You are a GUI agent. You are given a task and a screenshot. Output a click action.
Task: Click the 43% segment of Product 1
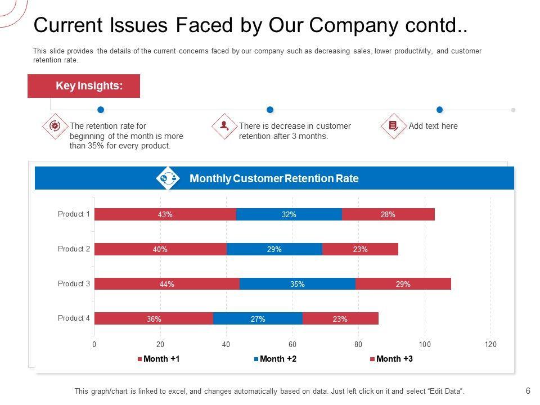point(165,214)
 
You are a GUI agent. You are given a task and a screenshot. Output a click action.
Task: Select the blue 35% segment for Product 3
point(298,284)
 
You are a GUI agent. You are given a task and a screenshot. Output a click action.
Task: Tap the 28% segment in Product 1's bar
point(388,214)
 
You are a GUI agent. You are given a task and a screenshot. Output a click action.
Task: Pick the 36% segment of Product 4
point(154,319)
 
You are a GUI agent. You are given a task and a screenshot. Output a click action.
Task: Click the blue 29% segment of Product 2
point(274,249)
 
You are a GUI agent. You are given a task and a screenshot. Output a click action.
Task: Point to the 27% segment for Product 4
point(258,319)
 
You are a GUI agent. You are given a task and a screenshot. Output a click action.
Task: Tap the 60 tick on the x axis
point(292,344)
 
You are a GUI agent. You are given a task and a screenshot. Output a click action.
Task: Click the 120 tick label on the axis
point(490,344)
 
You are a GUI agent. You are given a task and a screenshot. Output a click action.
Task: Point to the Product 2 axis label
point(74,249)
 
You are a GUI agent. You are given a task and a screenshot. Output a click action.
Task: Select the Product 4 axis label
point(74,318)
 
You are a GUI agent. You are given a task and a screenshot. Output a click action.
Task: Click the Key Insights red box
point(84,86)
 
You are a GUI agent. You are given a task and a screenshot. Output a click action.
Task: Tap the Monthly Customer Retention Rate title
point(274,179)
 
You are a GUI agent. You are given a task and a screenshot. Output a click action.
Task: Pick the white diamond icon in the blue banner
point(168,178)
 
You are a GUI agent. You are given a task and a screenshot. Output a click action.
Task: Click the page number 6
point(528,391)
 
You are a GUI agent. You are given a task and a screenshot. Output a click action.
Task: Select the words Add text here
point(433,126)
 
